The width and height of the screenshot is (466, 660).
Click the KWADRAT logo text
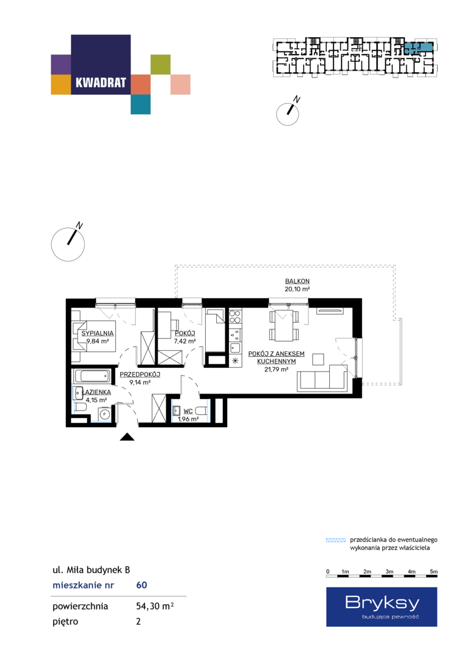point(101,82)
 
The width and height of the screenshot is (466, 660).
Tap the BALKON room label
point(297,281)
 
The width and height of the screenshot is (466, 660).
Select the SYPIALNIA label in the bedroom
point(98,334)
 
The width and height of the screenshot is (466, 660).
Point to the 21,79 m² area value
point(276,370)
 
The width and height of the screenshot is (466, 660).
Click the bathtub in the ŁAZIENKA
point(92,376)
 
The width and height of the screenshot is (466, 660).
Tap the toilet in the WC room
point(202,411)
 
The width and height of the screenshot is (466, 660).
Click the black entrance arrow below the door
point(127,437)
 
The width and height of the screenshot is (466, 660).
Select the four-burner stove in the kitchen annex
point(235,317)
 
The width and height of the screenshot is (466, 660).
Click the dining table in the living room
point(285,325)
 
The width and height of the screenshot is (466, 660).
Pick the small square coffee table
point(318,359)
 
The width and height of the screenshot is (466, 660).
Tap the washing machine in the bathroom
point(104,414)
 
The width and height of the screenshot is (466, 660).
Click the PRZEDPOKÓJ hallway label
point(140,375)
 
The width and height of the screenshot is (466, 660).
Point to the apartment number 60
point(142,585)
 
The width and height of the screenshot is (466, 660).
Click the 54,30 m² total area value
point(155,606)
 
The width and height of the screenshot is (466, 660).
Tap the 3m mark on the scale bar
point(390,571)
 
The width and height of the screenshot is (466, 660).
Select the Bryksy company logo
point(382,607)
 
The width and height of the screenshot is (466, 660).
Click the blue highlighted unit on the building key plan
point(418,47)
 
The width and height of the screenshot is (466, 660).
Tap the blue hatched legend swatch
point(336,540)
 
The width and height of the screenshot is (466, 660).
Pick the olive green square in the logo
point(161,64)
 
